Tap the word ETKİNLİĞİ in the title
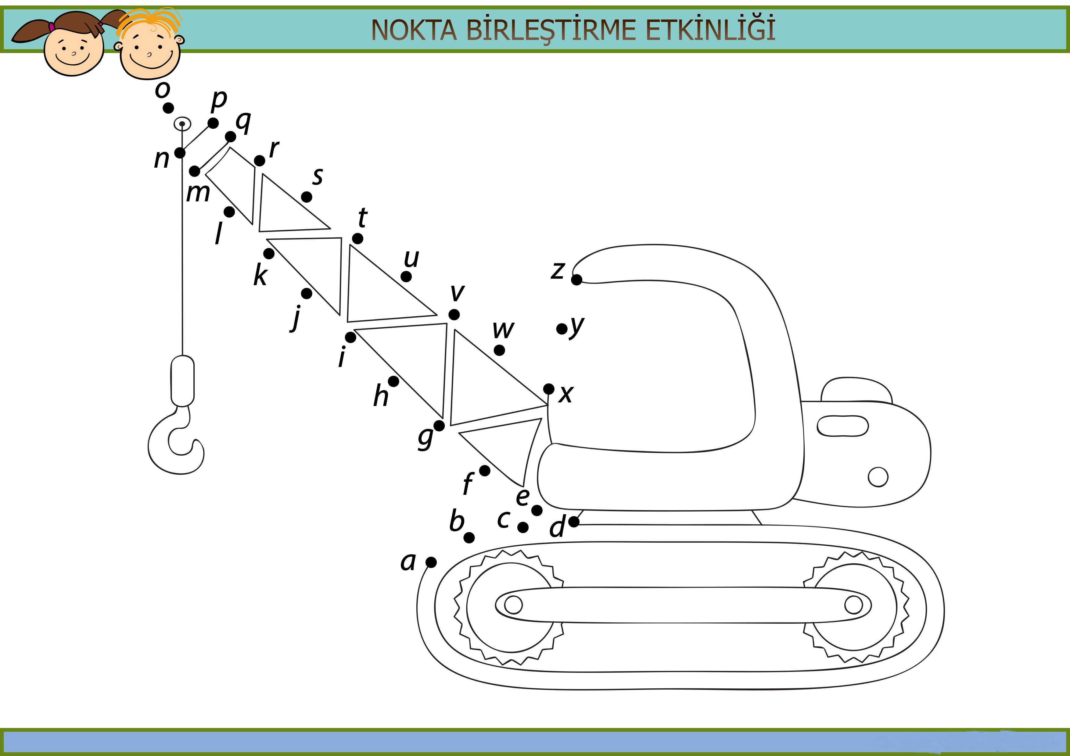point(710,29)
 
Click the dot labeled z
point(576,280)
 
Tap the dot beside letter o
point(168,108)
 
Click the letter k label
point(260,275)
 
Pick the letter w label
point(503,330)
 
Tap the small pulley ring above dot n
point(182,124)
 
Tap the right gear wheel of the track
point(856,607)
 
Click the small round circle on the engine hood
point(878,477)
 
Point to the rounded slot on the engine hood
point(842,426)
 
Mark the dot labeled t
point(357,238)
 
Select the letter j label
point(296,319)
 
